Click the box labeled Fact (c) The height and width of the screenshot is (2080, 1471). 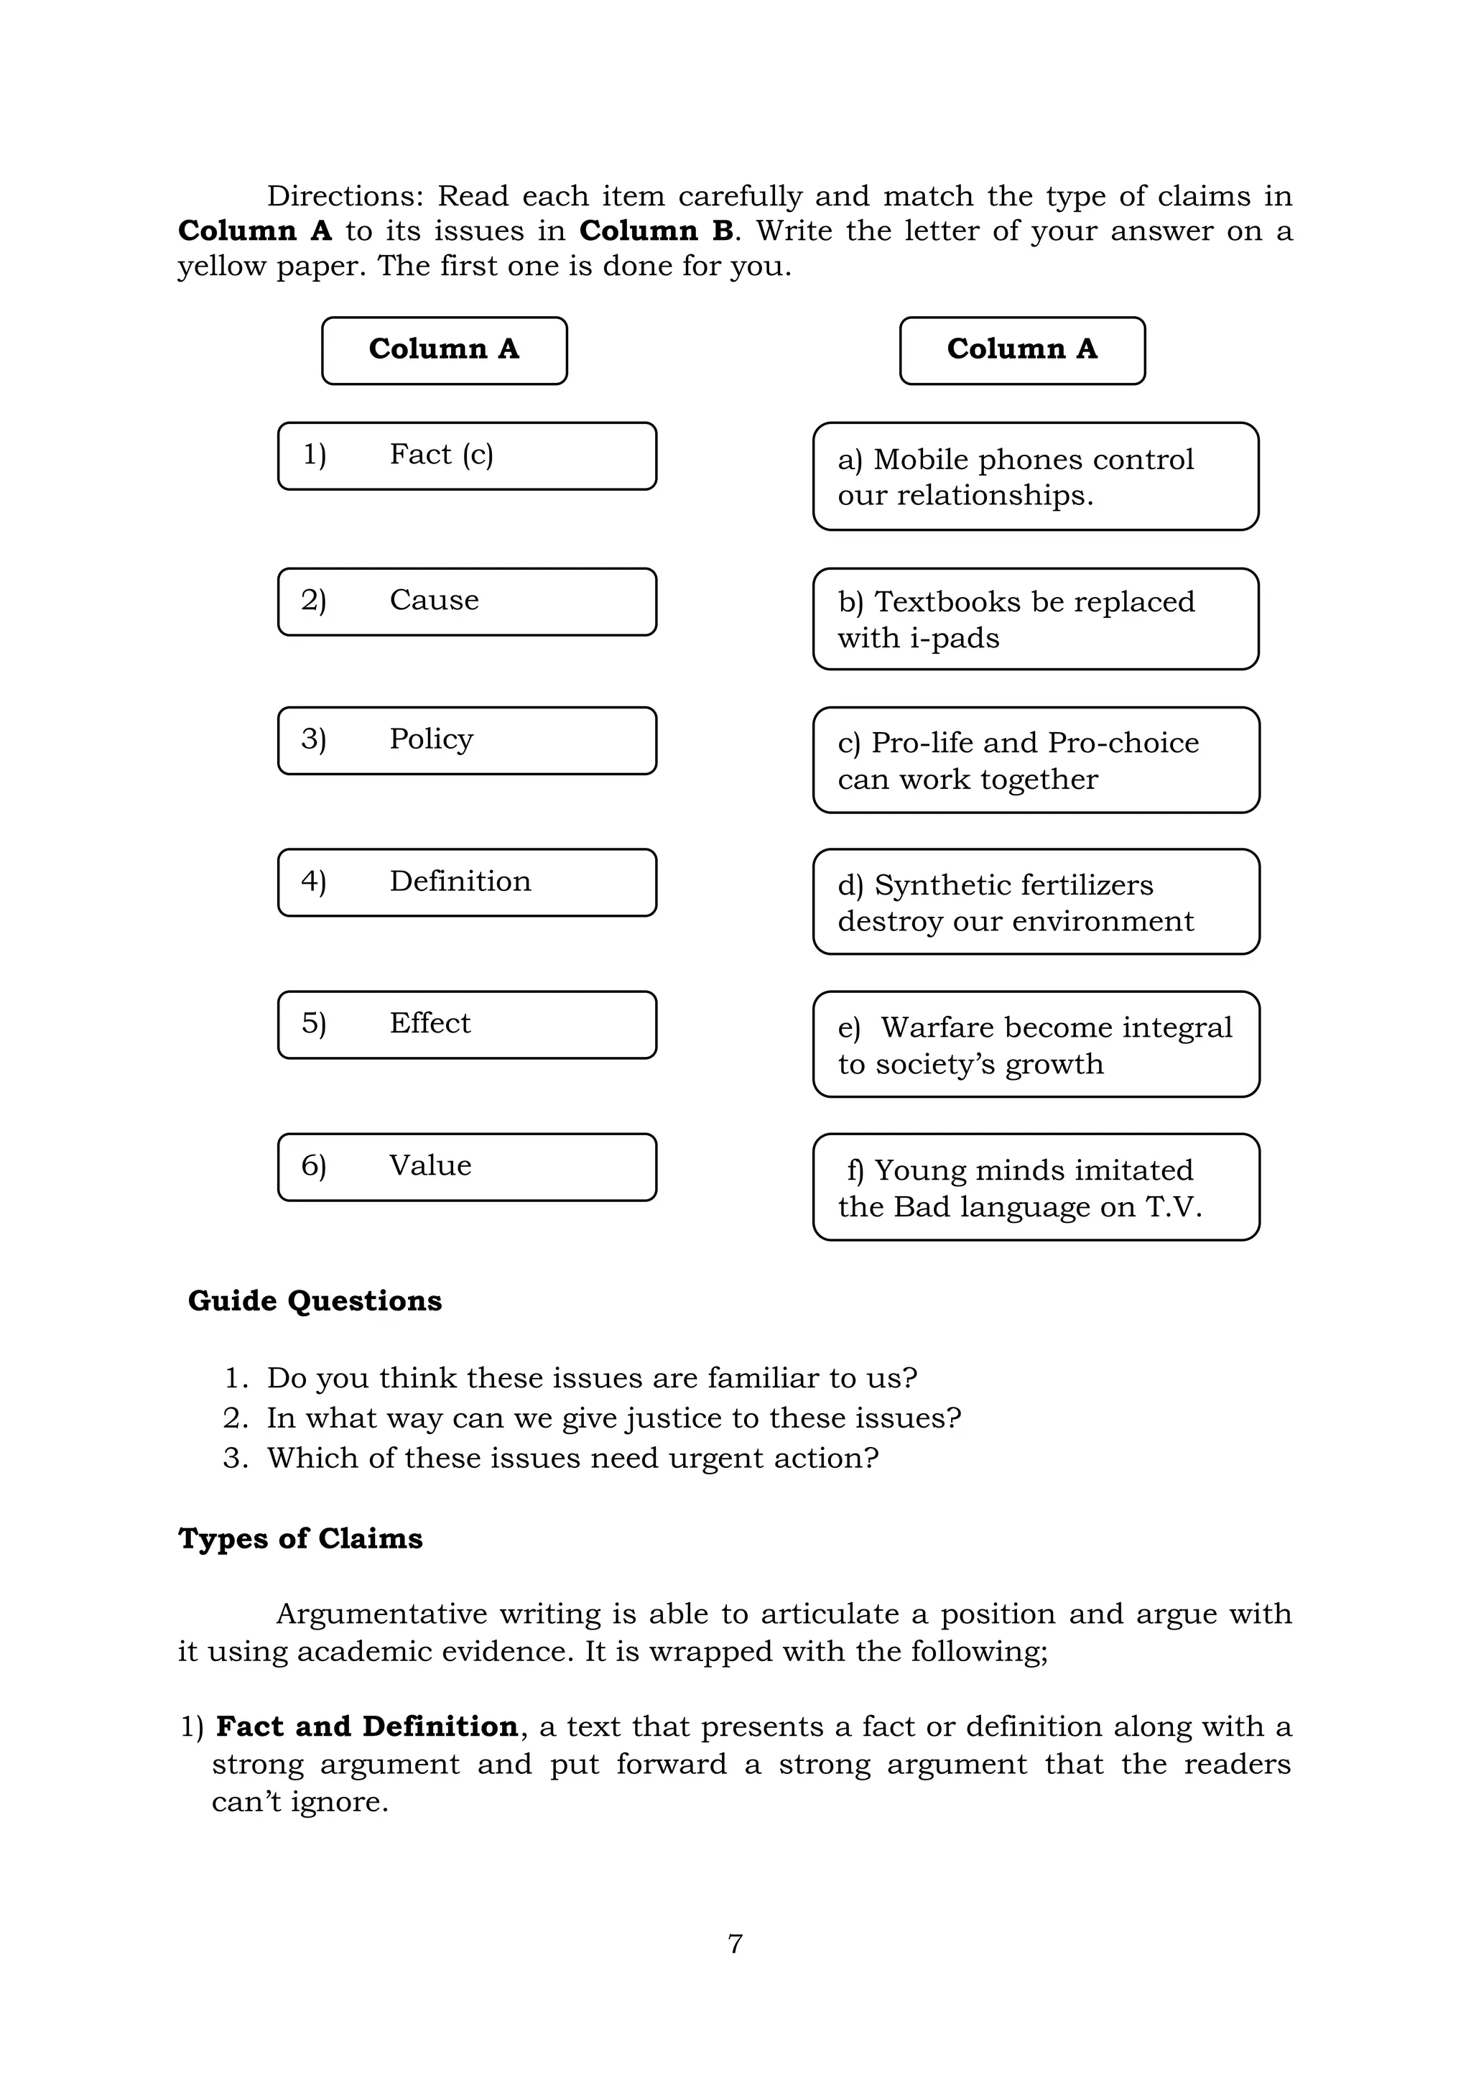pos(466,456)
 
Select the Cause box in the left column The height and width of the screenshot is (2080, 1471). pos(466,601)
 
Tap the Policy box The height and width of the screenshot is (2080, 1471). pos(466,740)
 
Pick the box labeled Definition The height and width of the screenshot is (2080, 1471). pos(466,882)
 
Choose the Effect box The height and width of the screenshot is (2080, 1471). pos(466,1025)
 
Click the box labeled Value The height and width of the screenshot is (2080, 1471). pos(466,1167)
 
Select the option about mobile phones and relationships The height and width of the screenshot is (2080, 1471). pos(1035,476)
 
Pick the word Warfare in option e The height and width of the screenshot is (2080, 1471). pos(937,1027)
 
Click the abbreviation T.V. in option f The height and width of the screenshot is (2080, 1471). pos(1173,1207)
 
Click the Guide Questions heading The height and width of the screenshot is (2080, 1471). pos(315,1301)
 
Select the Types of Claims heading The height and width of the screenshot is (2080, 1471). pos(300,1539)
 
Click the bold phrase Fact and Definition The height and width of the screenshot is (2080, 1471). pos(367,1727)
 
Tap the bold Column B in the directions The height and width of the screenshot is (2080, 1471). pos(656,231)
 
